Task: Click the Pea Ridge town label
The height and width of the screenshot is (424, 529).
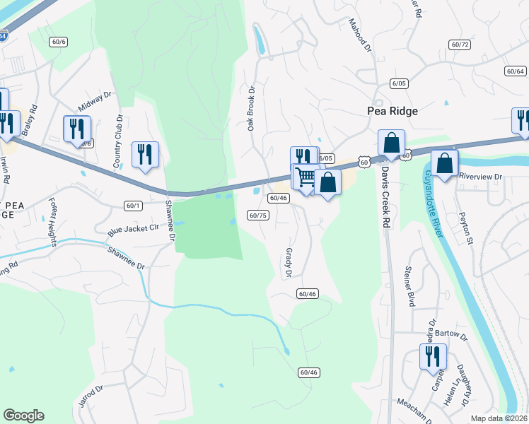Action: [x=393, y=111]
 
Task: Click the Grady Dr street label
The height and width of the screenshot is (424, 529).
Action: [x=289, y=262]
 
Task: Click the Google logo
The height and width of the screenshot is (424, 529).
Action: [x=23, y=416]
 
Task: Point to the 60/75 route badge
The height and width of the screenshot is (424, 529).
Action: [x=258, y=215]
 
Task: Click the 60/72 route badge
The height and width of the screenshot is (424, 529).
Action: [x=460, y=45]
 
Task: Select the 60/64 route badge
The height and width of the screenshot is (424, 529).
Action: [x=515, y=71]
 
